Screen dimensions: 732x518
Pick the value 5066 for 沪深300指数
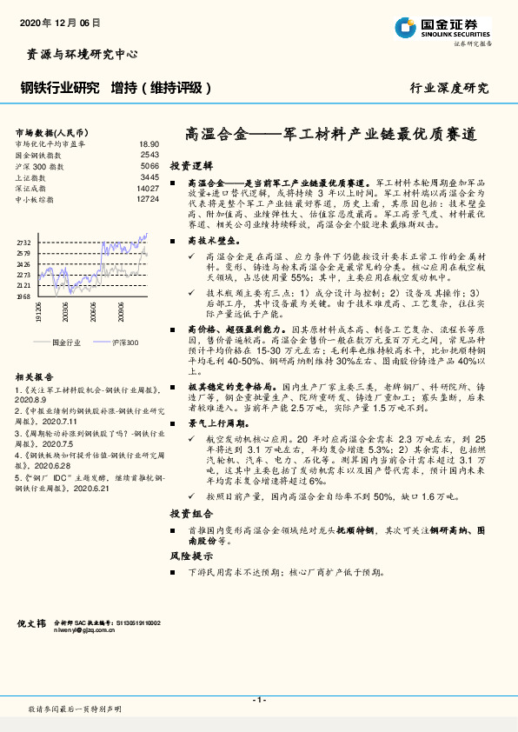149,165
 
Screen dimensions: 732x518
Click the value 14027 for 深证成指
148,188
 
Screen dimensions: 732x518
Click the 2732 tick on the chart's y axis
23,243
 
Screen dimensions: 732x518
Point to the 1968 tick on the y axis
23,296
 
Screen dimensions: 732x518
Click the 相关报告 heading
34,376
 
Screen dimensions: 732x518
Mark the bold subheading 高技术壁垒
212,241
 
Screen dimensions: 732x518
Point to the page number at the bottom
259,700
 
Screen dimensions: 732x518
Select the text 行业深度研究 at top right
449,88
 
